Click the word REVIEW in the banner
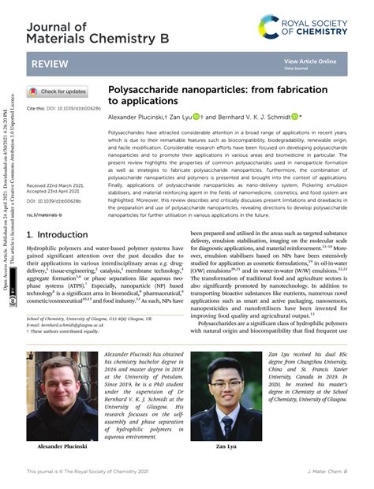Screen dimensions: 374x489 (x=49, y=62)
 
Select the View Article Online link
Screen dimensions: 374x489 (x=310, y=61)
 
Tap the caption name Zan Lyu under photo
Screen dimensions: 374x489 (x=227, y=447)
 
